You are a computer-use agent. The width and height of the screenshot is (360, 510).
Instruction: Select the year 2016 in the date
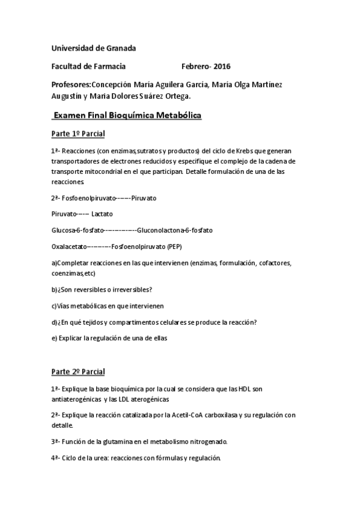coord(222,66)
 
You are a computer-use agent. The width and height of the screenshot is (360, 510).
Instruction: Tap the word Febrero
coord(195,66)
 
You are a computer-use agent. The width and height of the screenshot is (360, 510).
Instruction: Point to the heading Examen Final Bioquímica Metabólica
coord(127,114)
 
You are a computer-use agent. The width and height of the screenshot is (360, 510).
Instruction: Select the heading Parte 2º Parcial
coord(78,372)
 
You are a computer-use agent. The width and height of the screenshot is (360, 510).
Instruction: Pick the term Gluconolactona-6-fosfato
coord(174,230)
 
